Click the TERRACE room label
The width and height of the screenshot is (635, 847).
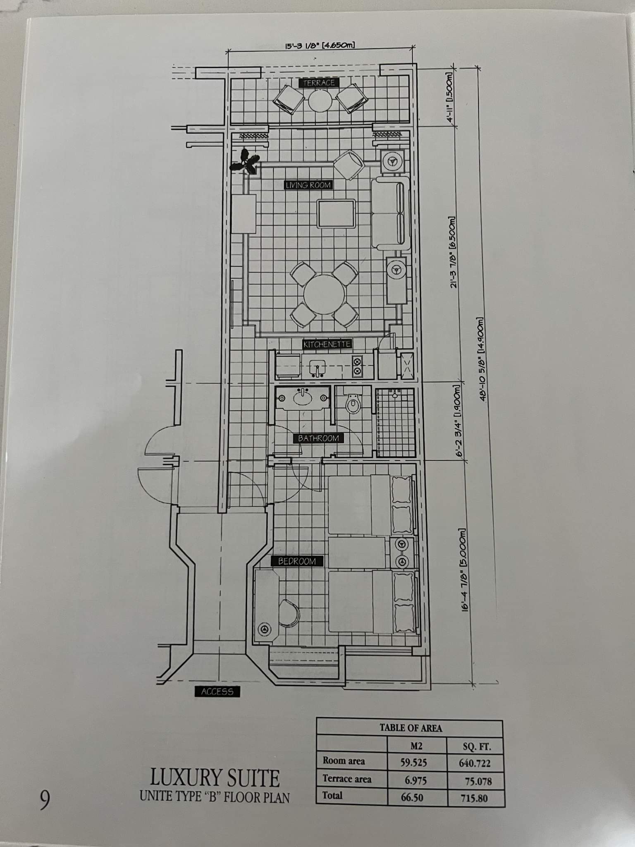point(319,83)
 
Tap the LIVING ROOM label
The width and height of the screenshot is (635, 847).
point(308,185)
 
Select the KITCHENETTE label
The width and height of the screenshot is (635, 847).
point(327,344)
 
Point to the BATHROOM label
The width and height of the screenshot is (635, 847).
point(318,438)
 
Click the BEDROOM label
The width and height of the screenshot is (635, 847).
point(297,561)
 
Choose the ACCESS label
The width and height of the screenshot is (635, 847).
point(217,691)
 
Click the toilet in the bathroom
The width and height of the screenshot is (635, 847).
point(353,404)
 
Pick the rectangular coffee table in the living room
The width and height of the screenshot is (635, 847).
point(336,214)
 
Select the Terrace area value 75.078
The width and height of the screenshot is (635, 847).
point(475,781)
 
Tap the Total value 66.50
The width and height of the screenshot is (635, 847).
point(412,797)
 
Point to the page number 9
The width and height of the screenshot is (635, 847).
point(44,800)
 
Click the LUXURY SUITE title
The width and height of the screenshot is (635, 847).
point(215,778)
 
